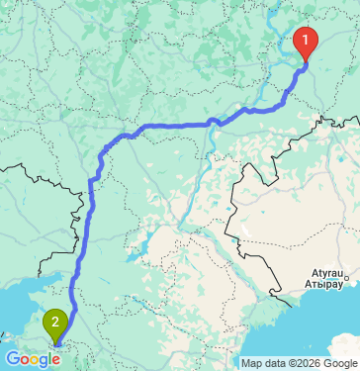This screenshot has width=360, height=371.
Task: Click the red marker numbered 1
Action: tap(308, 43)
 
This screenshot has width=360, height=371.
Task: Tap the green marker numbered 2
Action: tap(56, 322)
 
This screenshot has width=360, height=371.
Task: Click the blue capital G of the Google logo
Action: tap(12, 358)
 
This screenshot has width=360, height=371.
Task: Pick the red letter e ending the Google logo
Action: tap(56, 359)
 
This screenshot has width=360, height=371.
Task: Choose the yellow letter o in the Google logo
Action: tap(34, 359)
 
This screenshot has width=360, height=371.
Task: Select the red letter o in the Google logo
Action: tap(24, 359)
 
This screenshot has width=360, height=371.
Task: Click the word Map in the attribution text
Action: tap(252, 362)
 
